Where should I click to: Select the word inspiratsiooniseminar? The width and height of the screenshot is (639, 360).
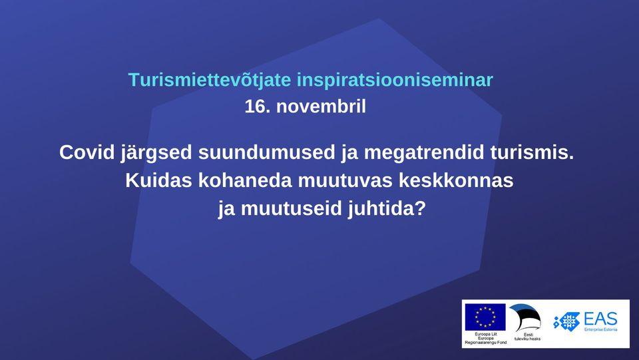(395, 81)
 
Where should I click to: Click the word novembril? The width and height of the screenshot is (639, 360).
(321, 106)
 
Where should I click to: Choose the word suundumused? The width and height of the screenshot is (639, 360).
(266, 152)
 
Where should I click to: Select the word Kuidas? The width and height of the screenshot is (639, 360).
(158, 180)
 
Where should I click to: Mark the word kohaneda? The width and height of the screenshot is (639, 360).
(246, 180)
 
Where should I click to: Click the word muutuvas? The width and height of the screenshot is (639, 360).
(345, 180)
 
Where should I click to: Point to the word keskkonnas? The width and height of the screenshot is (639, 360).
(456, 180)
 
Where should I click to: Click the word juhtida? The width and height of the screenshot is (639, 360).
(381, 210)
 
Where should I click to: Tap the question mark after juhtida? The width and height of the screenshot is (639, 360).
(421, 209)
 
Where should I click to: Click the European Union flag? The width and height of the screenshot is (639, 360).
(485, 317)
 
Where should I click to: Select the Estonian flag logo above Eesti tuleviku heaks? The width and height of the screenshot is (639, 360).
(525, 317)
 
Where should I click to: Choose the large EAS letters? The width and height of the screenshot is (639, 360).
(600, 319)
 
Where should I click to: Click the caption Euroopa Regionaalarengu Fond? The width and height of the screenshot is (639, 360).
(485, 340)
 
